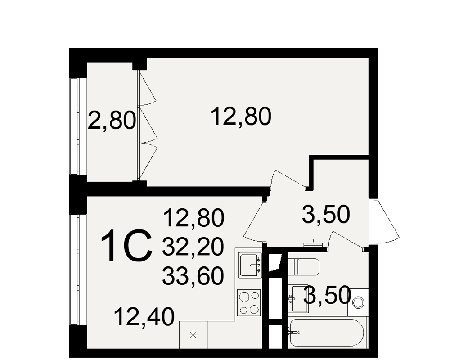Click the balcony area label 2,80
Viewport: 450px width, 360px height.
[x=112, y=121]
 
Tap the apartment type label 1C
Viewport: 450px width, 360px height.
[x=126, y=246]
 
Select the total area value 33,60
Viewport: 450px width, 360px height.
[x=193, y=275]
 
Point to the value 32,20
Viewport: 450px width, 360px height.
[x=193, y=247]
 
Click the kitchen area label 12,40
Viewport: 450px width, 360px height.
[x=144, y=317]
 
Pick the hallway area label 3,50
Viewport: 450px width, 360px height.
[x=326, y=214]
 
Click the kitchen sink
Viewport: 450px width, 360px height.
[x=251, y=265]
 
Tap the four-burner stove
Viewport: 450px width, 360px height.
[x=249, y=302]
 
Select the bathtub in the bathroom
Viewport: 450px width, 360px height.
[x=327, y=333]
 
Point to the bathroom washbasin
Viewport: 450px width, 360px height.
[x=298, y=298]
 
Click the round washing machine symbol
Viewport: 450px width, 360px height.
[x=358, y=302]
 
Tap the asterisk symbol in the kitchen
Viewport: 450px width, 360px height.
[x=193, y=335]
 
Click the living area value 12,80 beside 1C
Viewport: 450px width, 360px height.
[x=193, y=218]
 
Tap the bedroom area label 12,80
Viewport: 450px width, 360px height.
[x=241, y=117]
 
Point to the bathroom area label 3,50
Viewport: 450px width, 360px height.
[x=327, y=295]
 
